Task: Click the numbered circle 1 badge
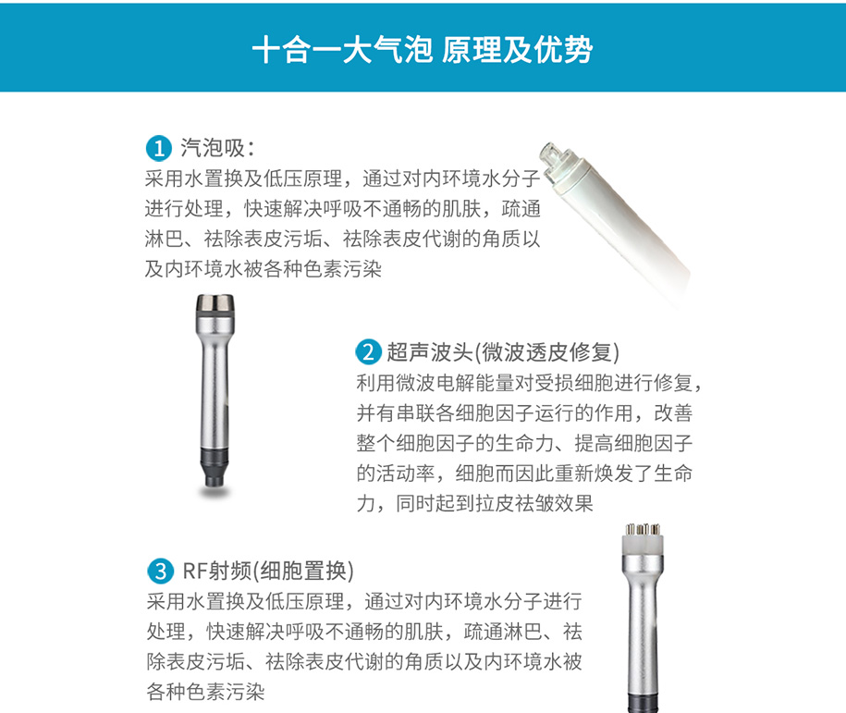click(x=159, y=149)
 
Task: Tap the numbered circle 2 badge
click(x=369, y=352)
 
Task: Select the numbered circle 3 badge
click(x=160, y=572)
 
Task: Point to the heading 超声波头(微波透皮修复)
click(x=503, y=352)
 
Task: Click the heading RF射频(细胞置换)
click(x=267, y=572)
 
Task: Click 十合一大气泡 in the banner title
click(x=342, y=50)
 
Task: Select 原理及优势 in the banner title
click(x=517, y=50)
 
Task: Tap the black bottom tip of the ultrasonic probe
click(x=215, y=467)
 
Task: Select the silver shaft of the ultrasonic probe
click(x=215, y=383)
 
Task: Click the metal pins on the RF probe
click(x=643, y=529)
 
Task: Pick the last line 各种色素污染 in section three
click(x=205, y=692)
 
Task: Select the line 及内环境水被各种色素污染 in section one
click(x=264, y=268)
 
